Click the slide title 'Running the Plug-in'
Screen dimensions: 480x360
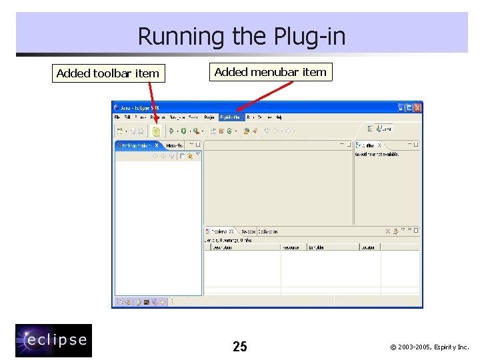point(241,36)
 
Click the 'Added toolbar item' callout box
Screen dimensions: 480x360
point(108,73)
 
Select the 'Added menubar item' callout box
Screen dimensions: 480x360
point(271,72)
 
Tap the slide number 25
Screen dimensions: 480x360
point(240,346)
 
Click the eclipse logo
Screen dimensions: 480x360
point(54,341)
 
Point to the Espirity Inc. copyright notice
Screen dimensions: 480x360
point(429,347)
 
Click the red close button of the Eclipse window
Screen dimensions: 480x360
point(417,107)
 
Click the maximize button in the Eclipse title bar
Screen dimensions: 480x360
point(409,107)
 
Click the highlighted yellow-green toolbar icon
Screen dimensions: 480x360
point(156,131)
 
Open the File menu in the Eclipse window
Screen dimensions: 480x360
point(117,117)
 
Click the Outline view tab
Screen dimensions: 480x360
point(369,145)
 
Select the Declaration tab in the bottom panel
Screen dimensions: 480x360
point(267,231)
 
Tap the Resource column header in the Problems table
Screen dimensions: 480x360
point(291,247)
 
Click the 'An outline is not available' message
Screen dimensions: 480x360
point(376,154)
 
